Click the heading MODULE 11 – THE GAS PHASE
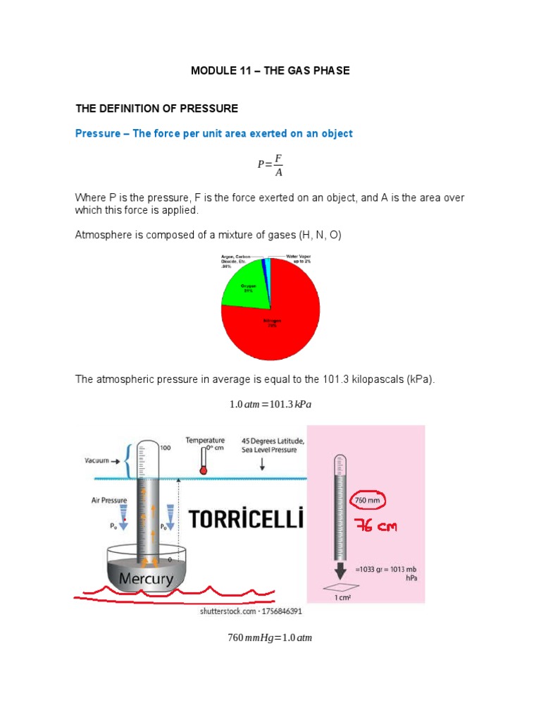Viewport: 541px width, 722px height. [270, 71]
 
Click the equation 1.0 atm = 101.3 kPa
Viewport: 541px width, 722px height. [270, 405]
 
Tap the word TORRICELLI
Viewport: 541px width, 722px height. [247, 520]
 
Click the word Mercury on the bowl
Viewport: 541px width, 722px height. [146, 579]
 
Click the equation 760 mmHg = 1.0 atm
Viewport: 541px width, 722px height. [270, 638]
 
